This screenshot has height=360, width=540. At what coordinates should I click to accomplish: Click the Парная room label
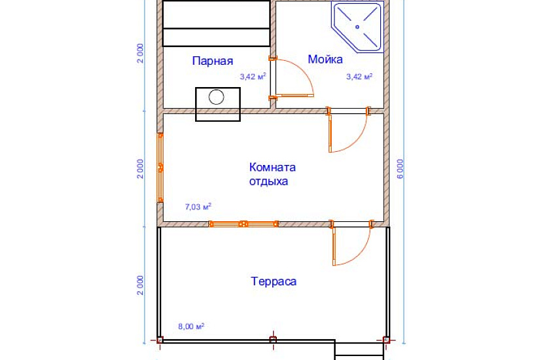click(213, 62)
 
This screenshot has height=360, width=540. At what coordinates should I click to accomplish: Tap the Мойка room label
click(325, 60)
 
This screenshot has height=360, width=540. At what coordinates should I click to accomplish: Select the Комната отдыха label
click(268, 174)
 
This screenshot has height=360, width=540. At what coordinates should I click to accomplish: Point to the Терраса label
click(274, 281)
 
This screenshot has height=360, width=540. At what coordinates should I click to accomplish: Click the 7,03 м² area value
click(198, 207)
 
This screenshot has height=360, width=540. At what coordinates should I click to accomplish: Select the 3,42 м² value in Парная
click(252, 77)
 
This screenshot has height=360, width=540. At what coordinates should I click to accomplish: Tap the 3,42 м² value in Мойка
click(359, 77)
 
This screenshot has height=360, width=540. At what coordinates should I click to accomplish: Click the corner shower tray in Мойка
click(356, 27)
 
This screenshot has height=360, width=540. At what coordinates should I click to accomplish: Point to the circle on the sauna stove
click(217, 98)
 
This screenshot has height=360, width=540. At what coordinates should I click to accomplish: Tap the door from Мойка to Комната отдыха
click(347, 131)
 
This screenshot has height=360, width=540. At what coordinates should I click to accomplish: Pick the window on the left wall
click(160, 168)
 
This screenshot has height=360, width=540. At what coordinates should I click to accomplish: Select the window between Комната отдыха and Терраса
click(243, 224)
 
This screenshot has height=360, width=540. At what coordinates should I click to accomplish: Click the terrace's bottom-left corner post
click(159, 340)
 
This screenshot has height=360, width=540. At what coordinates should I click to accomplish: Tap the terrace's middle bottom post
click(273, 340)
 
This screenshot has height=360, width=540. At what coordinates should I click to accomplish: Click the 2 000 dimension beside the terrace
click(141, 285)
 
